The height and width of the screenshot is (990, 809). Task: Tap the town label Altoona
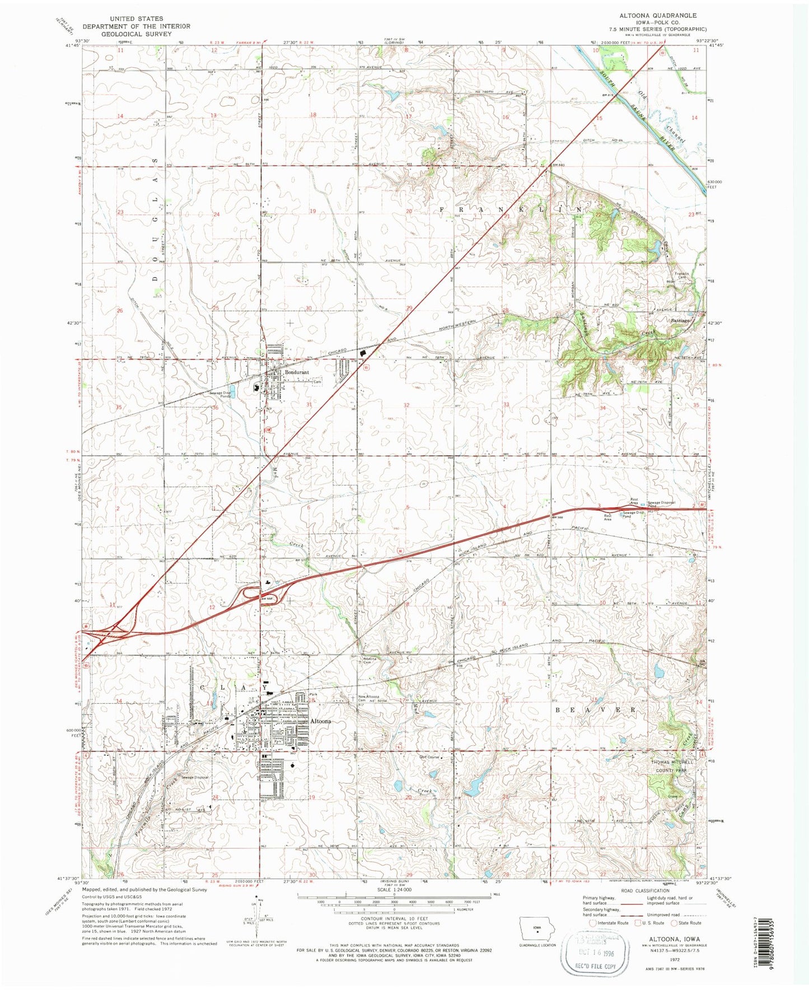(x=321, y=721)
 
